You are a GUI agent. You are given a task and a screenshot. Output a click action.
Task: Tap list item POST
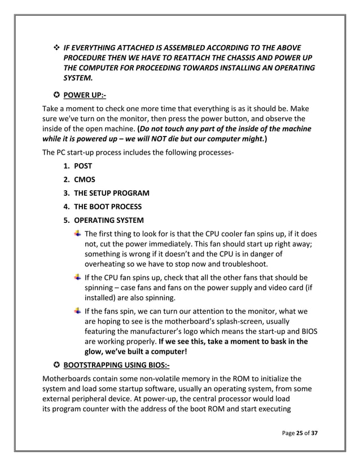(x=83, y=166)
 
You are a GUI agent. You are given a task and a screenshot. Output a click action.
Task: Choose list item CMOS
(x=85, y=180)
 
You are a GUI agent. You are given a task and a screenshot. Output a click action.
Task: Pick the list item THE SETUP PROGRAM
(x=112, y=194)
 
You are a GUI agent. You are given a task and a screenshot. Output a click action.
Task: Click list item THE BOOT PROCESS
(x=108, y=207)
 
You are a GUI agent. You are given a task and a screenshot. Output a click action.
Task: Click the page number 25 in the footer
(x=301, y=433)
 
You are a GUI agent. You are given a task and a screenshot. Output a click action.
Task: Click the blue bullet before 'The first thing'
(x=77, y=234)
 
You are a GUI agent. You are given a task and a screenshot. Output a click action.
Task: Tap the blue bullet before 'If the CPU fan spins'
(x=77, y=277)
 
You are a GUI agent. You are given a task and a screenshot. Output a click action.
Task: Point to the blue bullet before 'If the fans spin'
(x=77, y=310)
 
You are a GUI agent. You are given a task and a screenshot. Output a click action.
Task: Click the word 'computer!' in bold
(x=169, y=352)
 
